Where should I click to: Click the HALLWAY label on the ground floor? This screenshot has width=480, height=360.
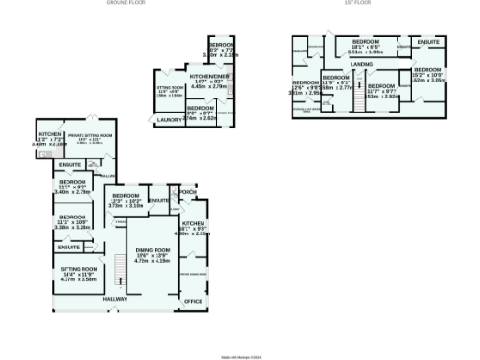114,299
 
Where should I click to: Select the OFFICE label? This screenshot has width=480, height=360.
193,301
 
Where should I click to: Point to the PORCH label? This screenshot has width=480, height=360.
187,194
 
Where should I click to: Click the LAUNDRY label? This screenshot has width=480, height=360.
170,120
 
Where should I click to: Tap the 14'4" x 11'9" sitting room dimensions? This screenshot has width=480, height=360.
78,275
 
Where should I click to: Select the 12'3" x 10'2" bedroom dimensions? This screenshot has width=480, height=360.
126,202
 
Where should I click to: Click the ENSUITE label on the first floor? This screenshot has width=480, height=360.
427,43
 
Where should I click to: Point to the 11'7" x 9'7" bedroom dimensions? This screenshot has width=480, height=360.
382,91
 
